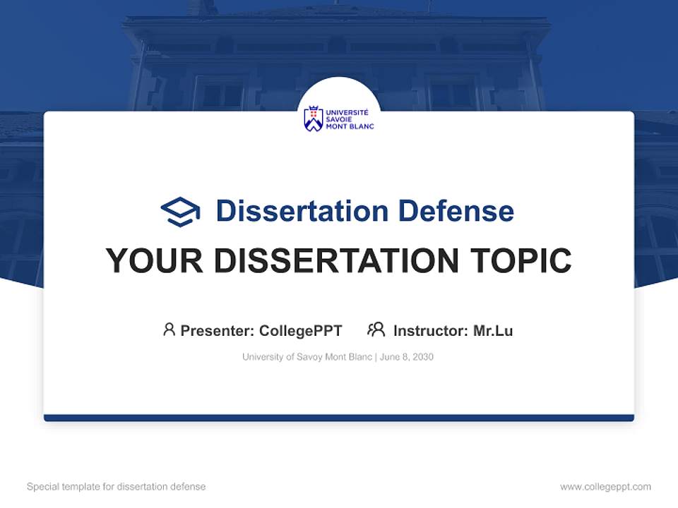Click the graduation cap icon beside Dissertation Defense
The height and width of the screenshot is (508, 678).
(181, 211)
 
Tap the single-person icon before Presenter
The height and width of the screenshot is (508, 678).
(169, 329)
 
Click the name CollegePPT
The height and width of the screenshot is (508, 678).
(300, 330)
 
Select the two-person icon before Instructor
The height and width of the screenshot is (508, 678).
(376, 329)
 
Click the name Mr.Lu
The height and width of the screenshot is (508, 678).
(493, 330)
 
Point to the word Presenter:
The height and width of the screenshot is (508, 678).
(218, 330)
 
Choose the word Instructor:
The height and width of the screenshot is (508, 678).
(431, 330)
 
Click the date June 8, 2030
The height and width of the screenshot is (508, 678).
(407, 357)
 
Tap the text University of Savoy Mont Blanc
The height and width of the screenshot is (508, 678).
(307, 357)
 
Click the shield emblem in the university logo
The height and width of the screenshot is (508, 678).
(313, 119)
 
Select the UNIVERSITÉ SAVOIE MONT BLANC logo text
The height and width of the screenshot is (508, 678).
(350, 119)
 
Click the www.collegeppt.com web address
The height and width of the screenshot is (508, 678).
(605, 487)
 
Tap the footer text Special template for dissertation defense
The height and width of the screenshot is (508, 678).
(116, 487)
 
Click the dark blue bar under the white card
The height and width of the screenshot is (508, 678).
(339, 418)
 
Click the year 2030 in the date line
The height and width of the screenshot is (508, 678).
(422, 357)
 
